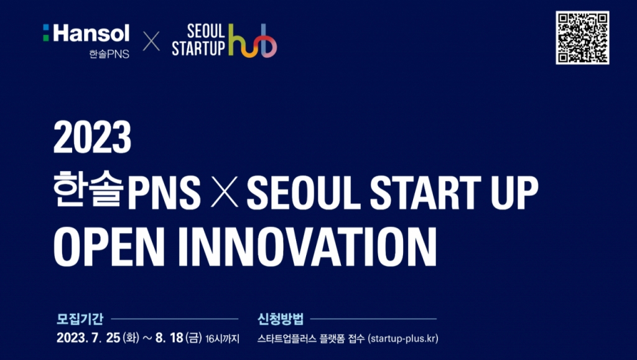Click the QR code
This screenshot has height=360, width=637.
582,37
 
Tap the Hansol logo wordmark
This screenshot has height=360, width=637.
86,33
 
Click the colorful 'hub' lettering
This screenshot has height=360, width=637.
253,40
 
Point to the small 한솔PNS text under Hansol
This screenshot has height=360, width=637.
109,53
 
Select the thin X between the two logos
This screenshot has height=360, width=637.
151,41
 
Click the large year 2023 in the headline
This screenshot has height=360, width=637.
92,137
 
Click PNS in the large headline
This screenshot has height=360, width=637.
164,192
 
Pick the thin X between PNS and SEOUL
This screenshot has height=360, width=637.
224,192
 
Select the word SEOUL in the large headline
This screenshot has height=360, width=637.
304,192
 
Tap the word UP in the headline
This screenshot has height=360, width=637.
514,192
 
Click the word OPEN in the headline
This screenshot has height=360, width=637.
109,247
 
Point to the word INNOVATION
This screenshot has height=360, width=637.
307,247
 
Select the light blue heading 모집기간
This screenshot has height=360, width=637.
80,319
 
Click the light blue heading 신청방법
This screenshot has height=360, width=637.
281,319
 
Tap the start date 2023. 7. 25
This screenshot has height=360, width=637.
88,338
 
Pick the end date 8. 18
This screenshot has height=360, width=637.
169,338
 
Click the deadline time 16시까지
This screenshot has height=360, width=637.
223,338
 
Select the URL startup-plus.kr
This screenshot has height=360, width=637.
403,338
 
